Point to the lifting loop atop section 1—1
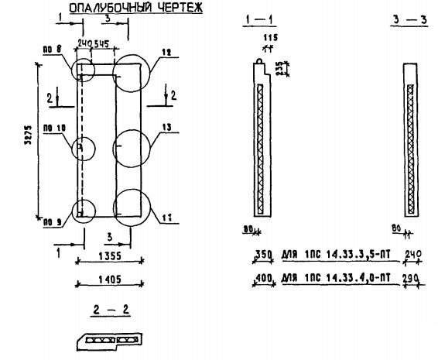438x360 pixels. click(x=258, y=57)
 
